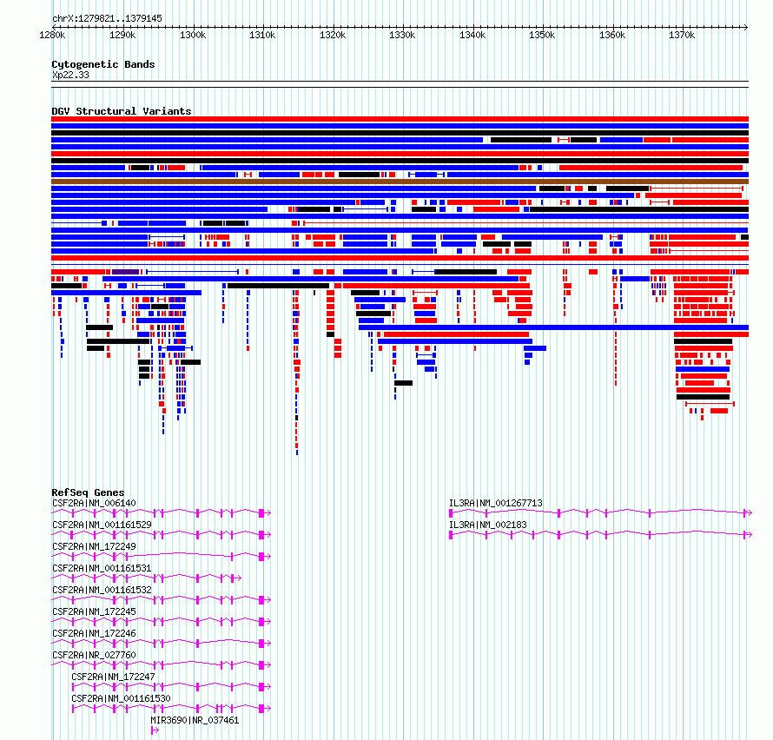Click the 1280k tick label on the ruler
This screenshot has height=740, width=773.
[52, 35]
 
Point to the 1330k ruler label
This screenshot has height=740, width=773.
[402, 35]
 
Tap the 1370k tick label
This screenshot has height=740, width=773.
[682, 35]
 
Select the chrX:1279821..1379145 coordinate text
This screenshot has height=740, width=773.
[107, 19]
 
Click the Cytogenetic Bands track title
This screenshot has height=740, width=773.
[103, 64]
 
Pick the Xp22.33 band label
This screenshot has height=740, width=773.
[70, 75]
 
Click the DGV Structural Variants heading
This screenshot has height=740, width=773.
[122, 111]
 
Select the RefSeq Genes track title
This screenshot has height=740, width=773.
[88, 492]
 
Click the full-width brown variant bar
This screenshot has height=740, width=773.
[400, 182]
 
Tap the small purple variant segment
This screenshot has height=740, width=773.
[125, 272]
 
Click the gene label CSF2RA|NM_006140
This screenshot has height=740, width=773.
[94, 503]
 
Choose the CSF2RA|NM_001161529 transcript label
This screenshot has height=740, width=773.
[102, 525]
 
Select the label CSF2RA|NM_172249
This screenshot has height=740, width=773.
[94, 546]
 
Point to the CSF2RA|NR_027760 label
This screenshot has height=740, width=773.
[94, 655]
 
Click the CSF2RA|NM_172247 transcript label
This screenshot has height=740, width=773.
[114, 677]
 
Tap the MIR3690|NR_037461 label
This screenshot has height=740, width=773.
[195, 720]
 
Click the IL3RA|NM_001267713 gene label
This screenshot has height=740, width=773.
[495, 503]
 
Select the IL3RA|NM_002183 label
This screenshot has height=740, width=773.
[487, 525]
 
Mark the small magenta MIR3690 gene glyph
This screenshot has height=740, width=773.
[155, 730]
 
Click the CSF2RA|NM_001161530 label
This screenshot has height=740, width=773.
[122, 698]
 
